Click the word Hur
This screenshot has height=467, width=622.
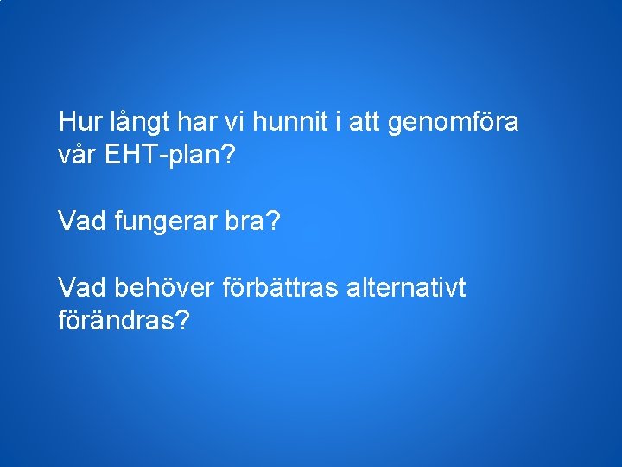pyautogui.click(x=78, y=122)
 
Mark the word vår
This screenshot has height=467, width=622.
pyautogui.click(x=79, y=157)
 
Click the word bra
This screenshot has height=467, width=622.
pyautogui.click(x=245, y=222)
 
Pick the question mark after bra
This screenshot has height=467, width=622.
pyautogui.click(x=273, y=222)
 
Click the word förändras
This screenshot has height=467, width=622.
pyautogui.click(x=116, y=321)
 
